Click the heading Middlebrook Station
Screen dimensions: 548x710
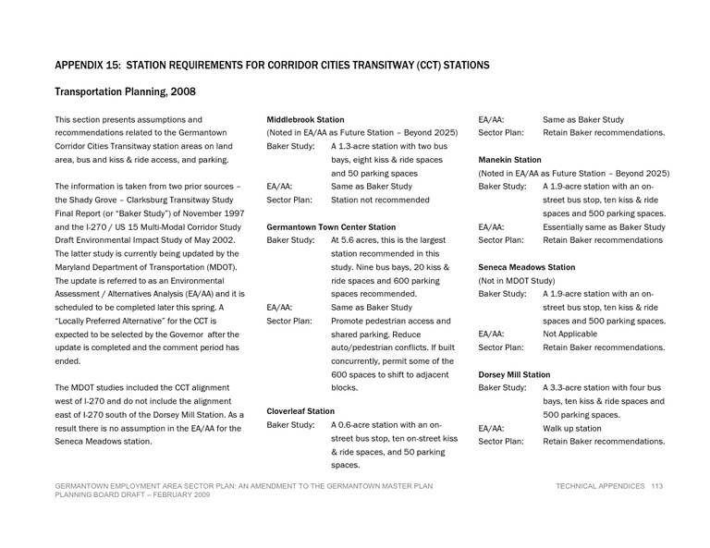point(305,120)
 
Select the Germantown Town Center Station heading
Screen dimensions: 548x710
point(330,226)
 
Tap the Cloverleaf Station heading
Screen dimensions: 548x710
point(300,410)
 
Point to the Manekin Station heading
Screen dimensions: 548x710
point(509,160)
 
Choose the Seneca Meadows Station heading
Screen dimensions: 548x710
point(526,267)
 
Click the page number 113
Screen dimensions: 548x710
point(657,486)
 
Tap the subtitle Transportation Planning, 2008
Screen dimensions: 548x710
point(125,92)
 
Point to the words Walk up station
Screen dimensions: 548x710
point(572,428)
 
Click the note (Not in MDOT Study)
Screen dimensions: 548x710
point(517,280)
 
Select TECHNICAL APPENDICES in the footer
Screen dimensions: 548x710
point(600,486)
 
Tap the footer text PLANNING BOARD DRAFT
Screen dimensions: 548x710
point(98,496)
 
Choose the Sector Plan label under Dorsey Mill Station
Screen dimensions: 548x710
point(500,442)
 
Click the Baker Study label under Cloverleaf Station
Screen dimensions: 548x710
point(290,425)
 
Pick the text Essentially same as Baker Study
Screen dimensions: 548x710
point(603,226)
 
